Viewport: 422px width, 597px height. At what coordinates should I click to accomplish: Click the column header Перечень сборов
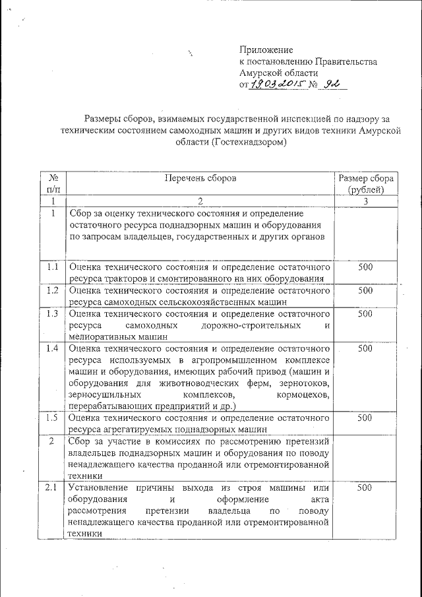click(x=200, y=178)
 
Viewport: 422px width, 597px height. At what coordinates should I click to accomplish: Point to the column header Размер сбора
click(x=365, y=178)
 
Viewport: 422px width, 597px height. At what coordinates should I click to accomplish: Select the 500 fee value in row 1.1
click(x=365, y=267)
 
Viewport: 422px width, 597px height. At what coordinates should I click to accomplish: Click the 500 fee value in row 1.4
click(x=365, y=348)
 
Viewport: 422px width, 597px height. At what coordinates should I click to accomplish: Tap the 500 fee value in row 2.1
click(x=365, y=487)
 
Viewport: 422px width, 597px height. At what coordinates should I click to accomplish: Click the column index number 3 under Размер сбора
click(x=365, y=201)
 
